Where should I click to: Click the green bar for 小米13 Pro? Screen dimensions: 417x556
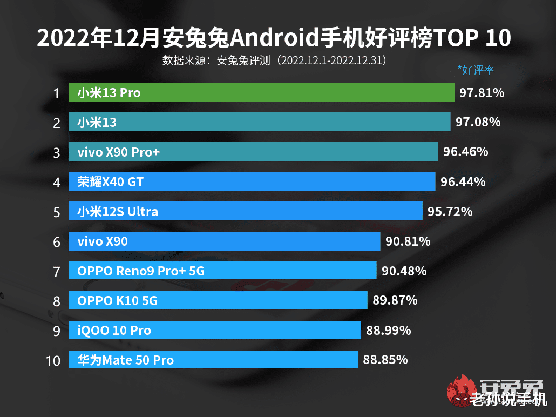coord(261,92)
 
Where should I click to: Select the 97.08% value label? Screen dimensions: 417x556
coord(478,123)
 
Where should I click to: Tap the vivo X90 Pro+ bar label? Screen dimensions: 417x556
coord(118,152)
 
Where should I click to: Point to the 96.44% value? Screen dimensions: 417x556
coord(463,182)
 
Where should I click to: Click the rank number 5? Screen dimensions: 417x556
coord(57,212)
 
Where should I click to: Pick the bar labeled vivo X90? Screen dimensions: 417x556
coord(225,241)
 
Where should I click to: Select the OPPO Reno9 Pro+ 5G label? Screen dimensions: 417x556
coord(141,271)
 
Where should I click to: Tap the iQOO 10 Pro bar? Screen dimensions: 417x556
coord(215,330)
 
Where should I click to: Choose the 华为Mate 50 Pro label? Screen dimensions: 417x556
coord(125,360)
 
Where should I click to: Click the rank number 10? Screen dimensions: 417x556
coord(53,360)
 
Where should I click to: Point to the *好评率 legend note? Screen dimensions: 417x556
coord(476,70)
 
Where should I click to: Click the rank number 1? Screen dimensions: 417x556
coord(56,93)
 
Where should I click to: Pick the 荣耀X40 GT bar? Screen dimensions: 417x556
coord(252,181)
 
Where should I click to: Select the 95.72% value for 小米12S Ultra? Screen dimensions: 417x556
coord(450,212)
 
